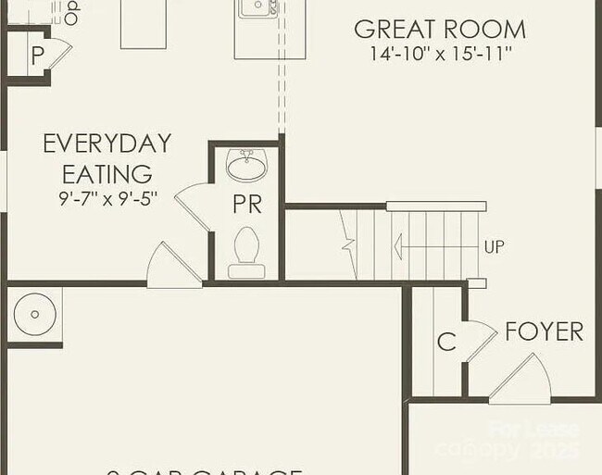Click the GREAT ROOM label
tap(439, 29)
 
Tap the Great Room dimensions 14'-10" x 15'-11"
tap(439, 54)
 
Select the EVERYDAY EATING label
tap(107, 158)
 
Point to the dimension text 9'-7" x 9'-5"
tap(107, 197)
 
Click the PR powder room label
tap(247, 205)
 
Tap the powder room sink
tap(246, 166)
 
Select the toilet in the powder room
tap(246, 251)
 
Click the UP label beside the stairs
tap(494, 247)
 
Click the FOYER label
tap(544, 331)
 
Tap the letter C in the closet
tap(446, 343)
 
